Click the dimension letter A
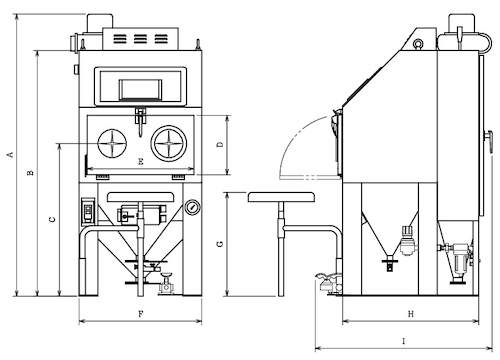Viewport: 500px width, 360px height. coord(11,154)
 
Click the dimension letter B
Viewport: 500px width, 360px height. coord(30,172)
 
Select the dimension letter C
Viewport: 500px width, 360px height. coord(52,219)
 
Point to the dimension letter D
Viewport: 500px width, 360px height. coord(220,144)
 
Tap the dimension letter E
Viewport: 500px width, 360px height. coord(141,162)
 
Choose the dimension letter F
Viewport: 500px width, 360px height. coord(141,314)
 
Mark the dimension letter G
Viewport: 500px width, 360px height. coord(220,244)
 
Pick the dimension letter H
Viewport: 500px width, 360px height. coord(411,314)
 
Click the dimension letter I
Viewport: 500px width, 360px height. coord(404,341)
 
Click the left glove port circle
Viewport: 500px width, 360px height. coord(112,143)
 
